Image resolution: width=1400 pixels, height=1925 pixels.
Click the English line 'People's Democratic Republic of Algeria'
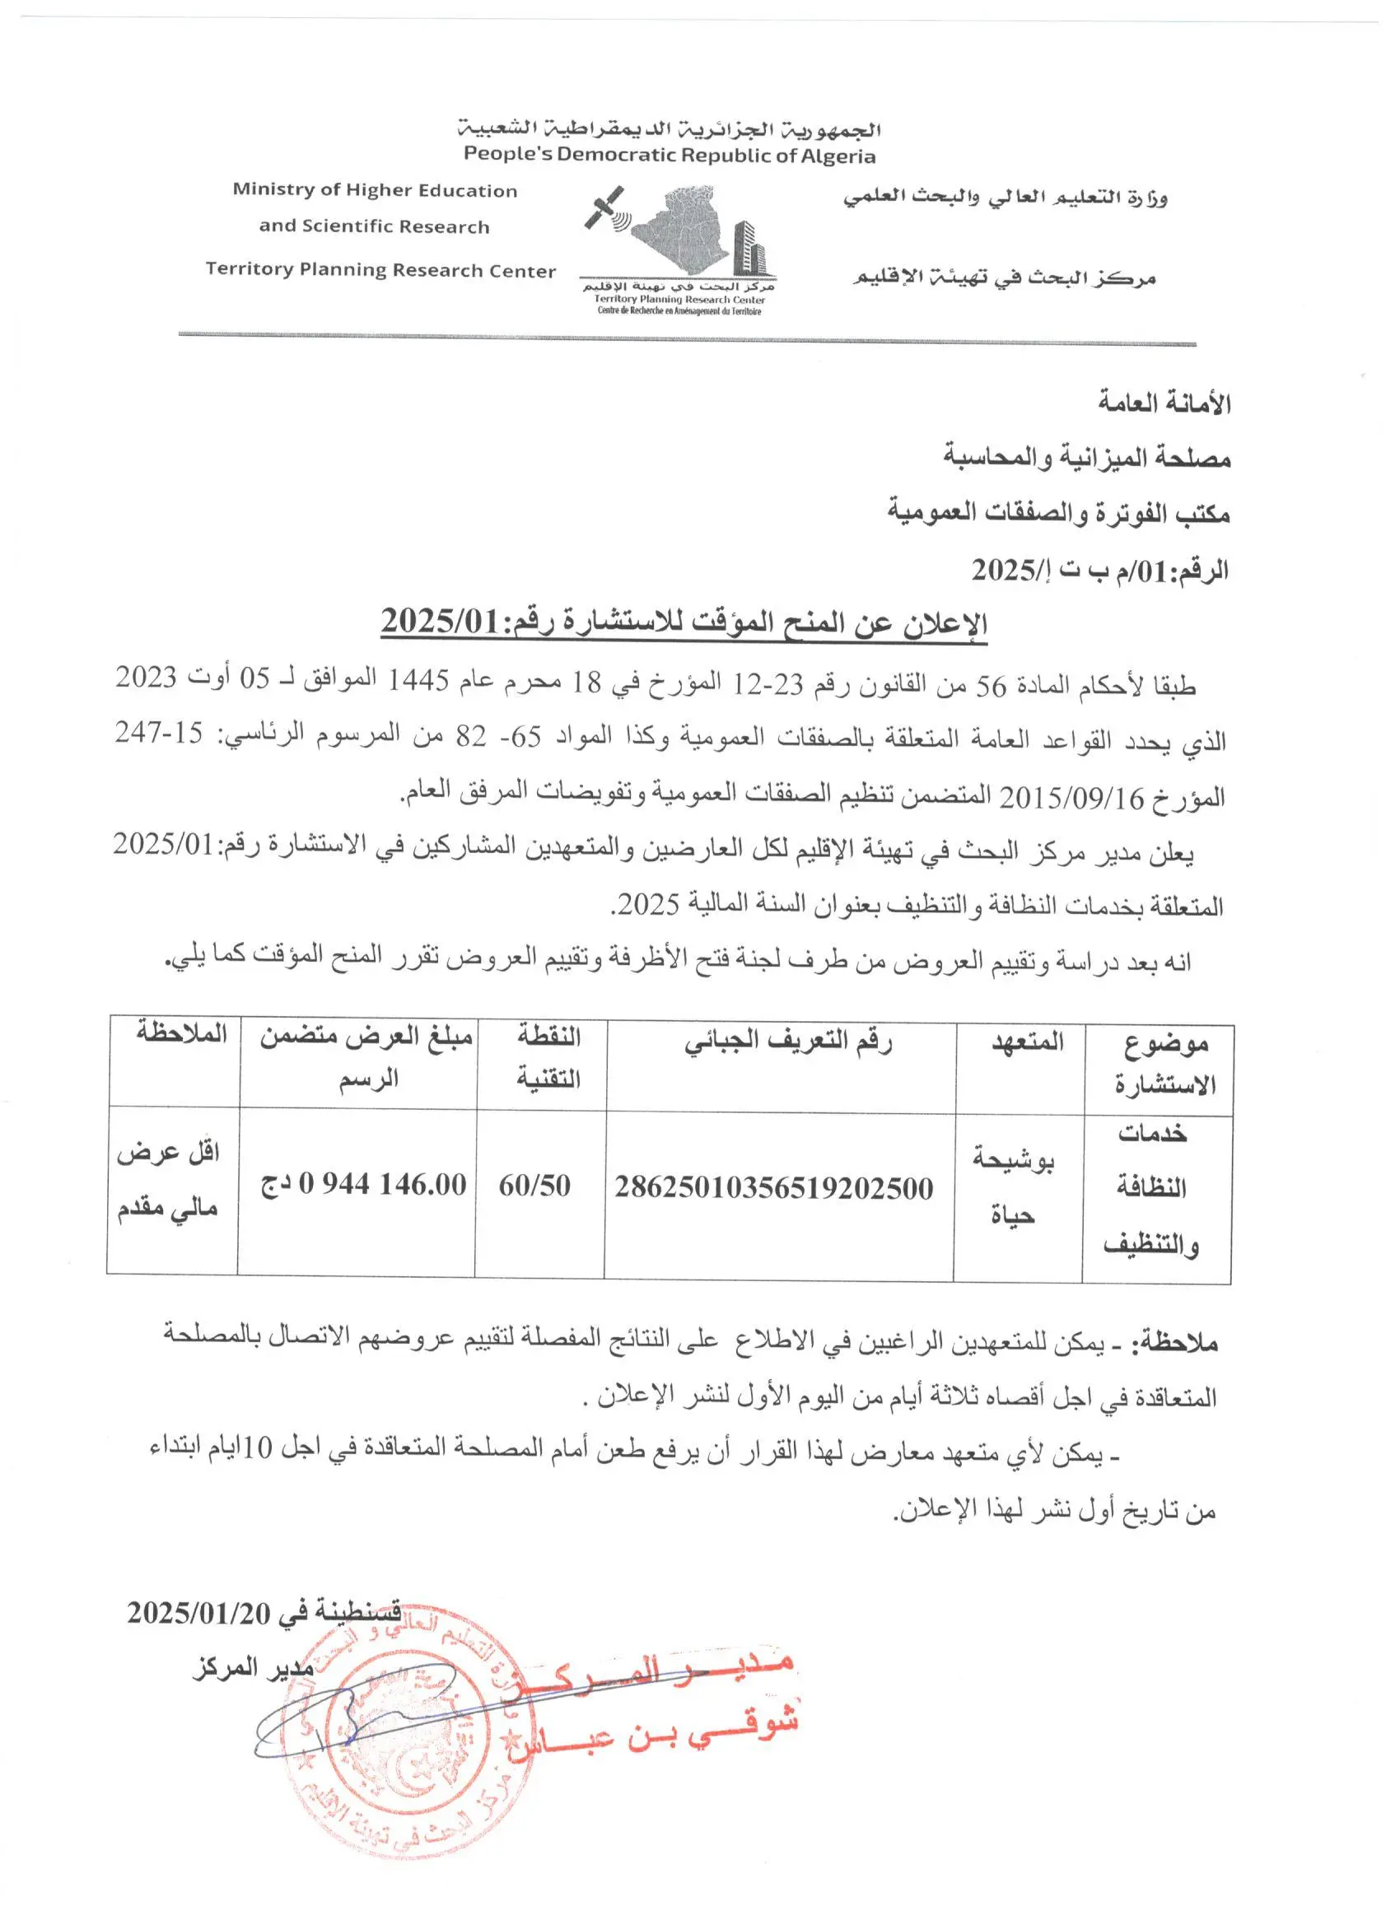click(x=669, y=156)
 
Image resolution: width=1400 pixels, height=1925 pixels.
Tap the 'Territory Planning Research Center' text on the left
click(x=380, y=270)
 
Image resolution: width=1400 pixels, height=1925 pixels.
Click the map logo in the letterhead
click(x=679, y=231)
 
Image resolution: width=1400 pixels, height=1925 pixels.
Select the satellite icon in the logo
click(x=605, y=209)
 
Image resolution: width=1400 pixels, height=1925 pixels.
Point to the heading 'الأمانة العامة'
click(x=1163, y=402)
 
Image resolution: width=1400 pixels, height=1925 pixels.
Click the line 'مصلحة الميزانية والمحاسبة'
click(x=1087, y=458)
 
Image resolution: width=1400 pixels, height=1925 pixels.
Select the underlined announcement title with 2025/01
click(x=684, y=623)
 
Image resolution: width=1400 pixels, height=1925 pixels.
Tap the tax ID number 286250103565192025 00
click(x=773, y=1187)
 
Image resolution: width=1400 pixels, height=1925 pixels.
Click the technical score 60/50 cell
click(x=534, y=1185)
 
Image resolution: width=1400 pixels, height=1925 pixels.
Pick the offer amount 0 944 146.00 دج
click(x=364, y=1184)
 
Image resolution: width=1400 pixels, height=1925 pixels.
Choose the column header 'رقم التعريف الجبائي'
click(x=788, y=1042)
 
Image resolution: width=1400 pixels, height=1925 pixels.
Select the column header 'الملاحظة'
click(x=182, y=1033)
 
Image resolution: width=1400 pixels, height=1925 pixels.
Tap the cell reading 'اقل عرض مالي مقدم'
click(x=168, y=1179)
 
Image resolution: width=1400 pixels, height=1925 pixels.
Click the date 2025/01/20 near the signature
click(x=198, y=1613)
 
